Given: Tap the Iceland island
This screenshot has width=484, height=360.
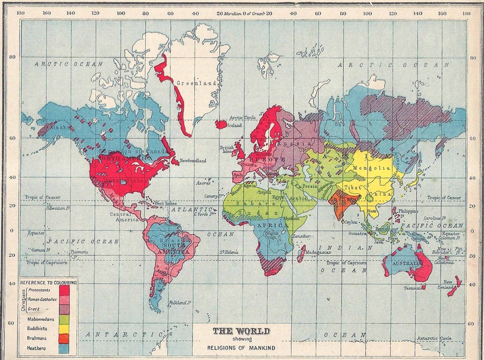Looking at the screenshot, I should click(x=221, y=124).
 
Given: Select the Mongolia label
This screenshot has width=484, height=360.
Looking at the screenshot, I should click(x=379, y=168).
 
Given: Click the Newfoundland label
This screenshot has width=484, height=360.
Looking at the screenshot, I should click(x=192, y=160).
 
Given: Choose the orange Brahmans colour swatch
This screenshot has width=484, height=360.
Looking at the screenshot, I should click(x=64, y=338).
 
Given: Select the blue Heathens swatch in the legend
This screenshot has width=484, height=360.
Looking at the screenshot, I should click(x=64, y=348).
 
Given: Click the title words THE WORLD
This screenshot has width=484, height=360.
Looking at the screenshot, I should click(x=241, y=331).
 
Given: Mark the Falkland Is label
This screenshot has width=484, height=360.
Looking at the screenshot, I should click(x=180, y=302).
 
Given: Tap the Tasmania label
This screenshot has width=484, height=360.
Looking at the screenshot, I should click(x=415, y=287).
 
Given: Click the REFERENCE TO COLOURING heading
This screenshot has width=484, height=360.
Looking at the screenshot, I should click(x=49, y=283).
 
